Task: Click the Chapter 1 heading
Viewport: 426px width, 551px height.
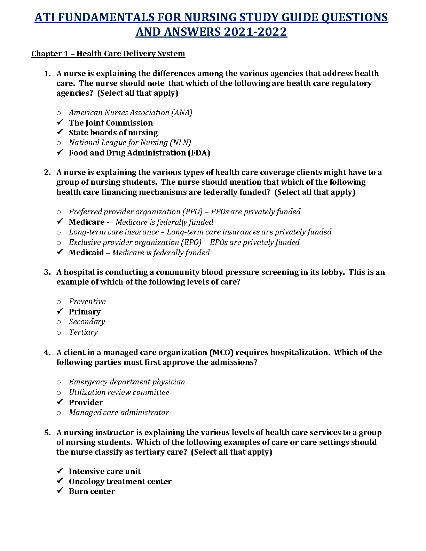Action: click(108, 54)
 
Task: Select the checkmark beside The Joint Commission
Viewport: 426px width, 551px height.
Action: click(60, 122)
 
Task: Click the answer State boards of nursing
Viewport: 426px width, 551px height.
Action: click(113, 133)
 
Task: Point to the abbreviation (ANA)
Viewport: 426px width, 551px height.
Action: click(182, 112)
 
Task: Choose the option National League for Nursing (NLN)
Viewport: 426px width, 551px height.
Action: click(130, 142)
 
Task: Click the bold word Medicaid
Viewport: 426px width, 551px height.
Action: click(86, 253)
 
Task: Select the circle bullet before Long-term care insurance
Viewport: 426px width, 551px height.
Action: click(58, 232)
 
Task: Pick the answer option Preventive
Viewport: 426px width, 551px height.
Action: click(87, 301)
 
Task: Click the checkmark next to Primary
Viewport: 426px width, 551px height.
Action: click(60, 311)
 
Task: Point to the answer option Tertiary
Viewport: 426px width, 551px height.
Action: click(83, 332)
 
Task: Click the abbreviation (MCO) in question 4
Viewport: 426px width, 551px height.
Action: click(222, 352)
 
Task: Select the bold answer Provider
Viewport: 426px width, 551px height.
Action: click(86, 402)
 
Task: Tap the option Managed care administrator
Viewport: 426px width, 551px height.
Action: click(119, 412)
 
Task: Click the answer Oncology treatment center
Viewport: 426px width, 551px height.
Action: click(120, 481)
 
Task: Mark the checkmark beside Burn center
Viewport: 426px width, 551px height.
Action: click(60, 490)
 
